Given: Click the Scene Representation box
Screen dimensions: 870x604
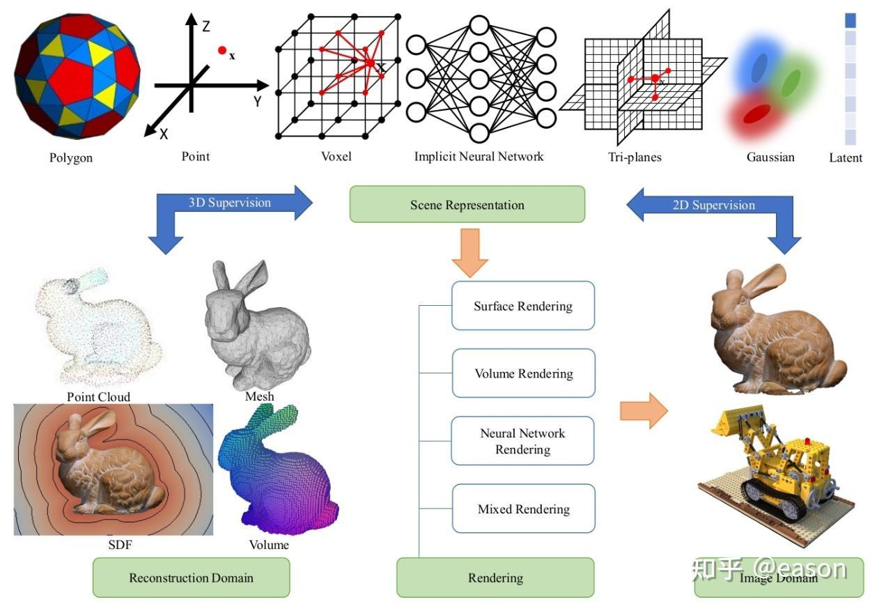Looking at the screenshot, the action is [467, 204].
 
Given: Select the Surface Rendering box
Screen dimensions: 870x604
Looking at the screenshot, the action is [523, 306].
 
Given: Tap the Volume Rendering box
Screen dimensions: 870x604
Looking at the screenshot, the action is [524, 373].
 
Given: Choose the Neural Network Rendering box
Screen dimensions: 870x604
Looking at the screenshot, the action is [523, 440].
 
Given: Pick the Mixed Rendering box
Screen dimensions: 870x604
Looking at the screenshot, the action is [524, 509].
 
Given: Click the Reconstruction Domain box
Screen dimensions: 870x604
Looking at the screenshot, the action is [191, 578].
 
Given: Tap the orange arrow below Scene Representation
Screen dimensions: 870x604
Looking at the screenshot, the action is [470, 252].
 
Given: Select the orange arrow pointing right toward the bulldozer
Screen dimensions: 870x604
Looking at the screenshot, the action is [644, 411].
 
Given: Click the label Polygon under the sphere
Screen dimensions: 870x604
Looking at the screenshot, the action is [71, 157].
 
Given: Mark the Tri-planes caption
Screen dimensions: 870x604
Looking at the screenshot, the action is [635, 157].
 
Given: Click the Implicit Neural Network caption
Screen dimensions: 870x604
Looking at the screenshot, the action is [479, 156].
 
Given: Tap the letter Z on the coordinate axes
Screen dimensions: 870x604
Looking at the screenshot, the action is [206, 26].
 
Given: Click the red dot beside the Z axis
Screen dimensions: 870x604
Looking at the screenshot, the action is [222, 50].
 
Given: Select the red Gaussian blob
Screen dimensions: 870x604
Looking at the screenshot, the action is [756, 114].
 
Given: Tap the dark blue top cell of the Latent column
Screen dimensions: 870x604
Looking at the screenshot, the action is [850, 20].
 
